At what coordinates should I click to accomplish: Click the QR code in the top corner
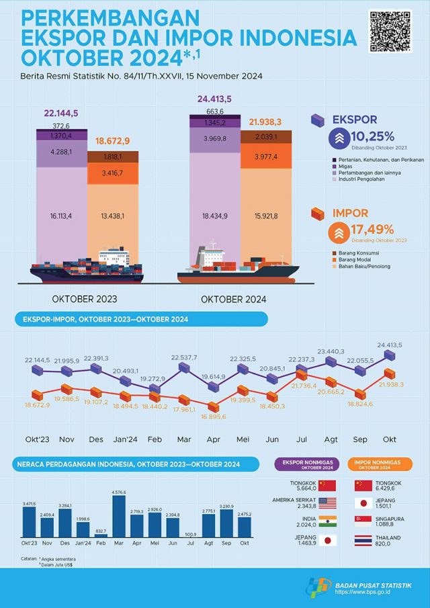pyautogui.click(x=390, y=32)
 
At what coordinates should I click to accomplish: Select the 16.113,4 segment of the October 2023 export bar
pyautogui.click(x=57, y=216)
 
